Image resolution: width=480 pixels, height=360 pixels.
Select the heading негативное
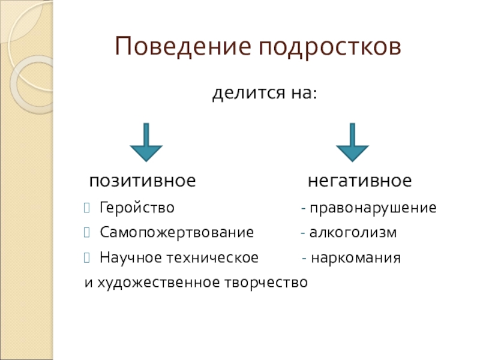pos(360,181)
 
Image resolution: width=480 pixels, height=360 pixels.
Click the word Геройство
pos(137,209)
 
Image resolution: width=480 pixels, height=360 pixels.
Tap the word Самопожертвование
pos(177,232)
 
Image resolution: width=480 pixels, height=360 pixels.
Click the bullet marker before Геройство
pos(88,209)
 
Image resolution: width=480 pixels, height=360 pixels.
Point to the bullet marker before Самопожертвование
pos(88,233)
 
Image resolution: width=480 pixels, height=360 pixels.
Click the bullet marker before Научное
pos(88,258)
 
